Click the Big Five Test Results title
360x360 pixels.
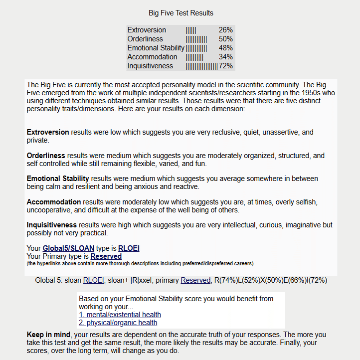coord(181,13)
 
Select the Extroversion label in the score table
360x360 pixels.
coord(147,30)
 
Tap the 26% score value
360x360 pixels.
coord(225,30)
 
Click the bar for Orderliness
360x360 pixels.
coord(196,39)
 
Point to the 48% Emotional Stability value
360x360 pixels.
coord(225,48)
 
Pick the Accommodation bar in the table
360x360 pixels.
coord(194,57)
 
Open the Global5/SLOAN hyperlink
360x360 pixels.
coord(68,248)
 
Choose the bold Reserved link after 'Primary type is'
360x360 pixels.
coord(106,256)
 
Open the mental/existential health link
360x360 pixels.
coord(120,315)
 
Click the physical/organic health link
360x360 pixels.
coord(118,323)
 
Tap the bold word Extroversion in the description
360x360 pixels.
coord(48,132)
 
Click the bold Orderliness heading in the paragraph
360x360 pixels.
coord(46,156)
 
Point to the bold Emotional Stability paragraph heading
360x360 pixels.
coord(58,179)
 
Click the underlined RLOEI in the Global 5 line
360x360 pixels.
coord(94,280)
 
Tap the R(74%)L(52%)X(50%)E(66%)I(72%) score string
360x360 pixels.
coord(271,280)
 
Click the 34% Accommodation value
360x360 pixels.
coord(225,57)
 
